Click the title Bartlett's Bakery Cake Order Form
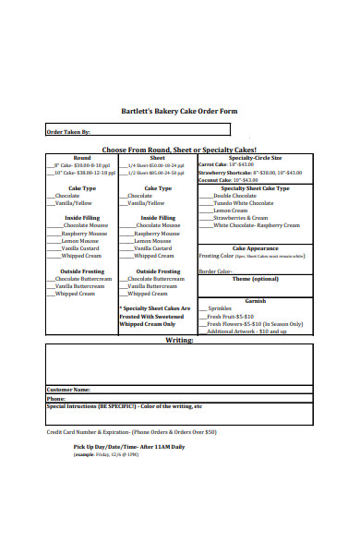point(179,111)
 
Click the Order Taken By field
point(138,132)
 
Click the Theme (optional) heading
point(255,278)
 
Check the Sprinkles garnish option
point(222,307)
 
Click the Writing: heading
point(179,340)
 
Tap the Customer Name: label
point(68,390)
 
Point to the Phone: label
point(56,398)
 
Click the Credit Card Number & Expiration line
point(131,431)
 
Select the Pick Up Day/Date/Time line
point(129,447)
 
